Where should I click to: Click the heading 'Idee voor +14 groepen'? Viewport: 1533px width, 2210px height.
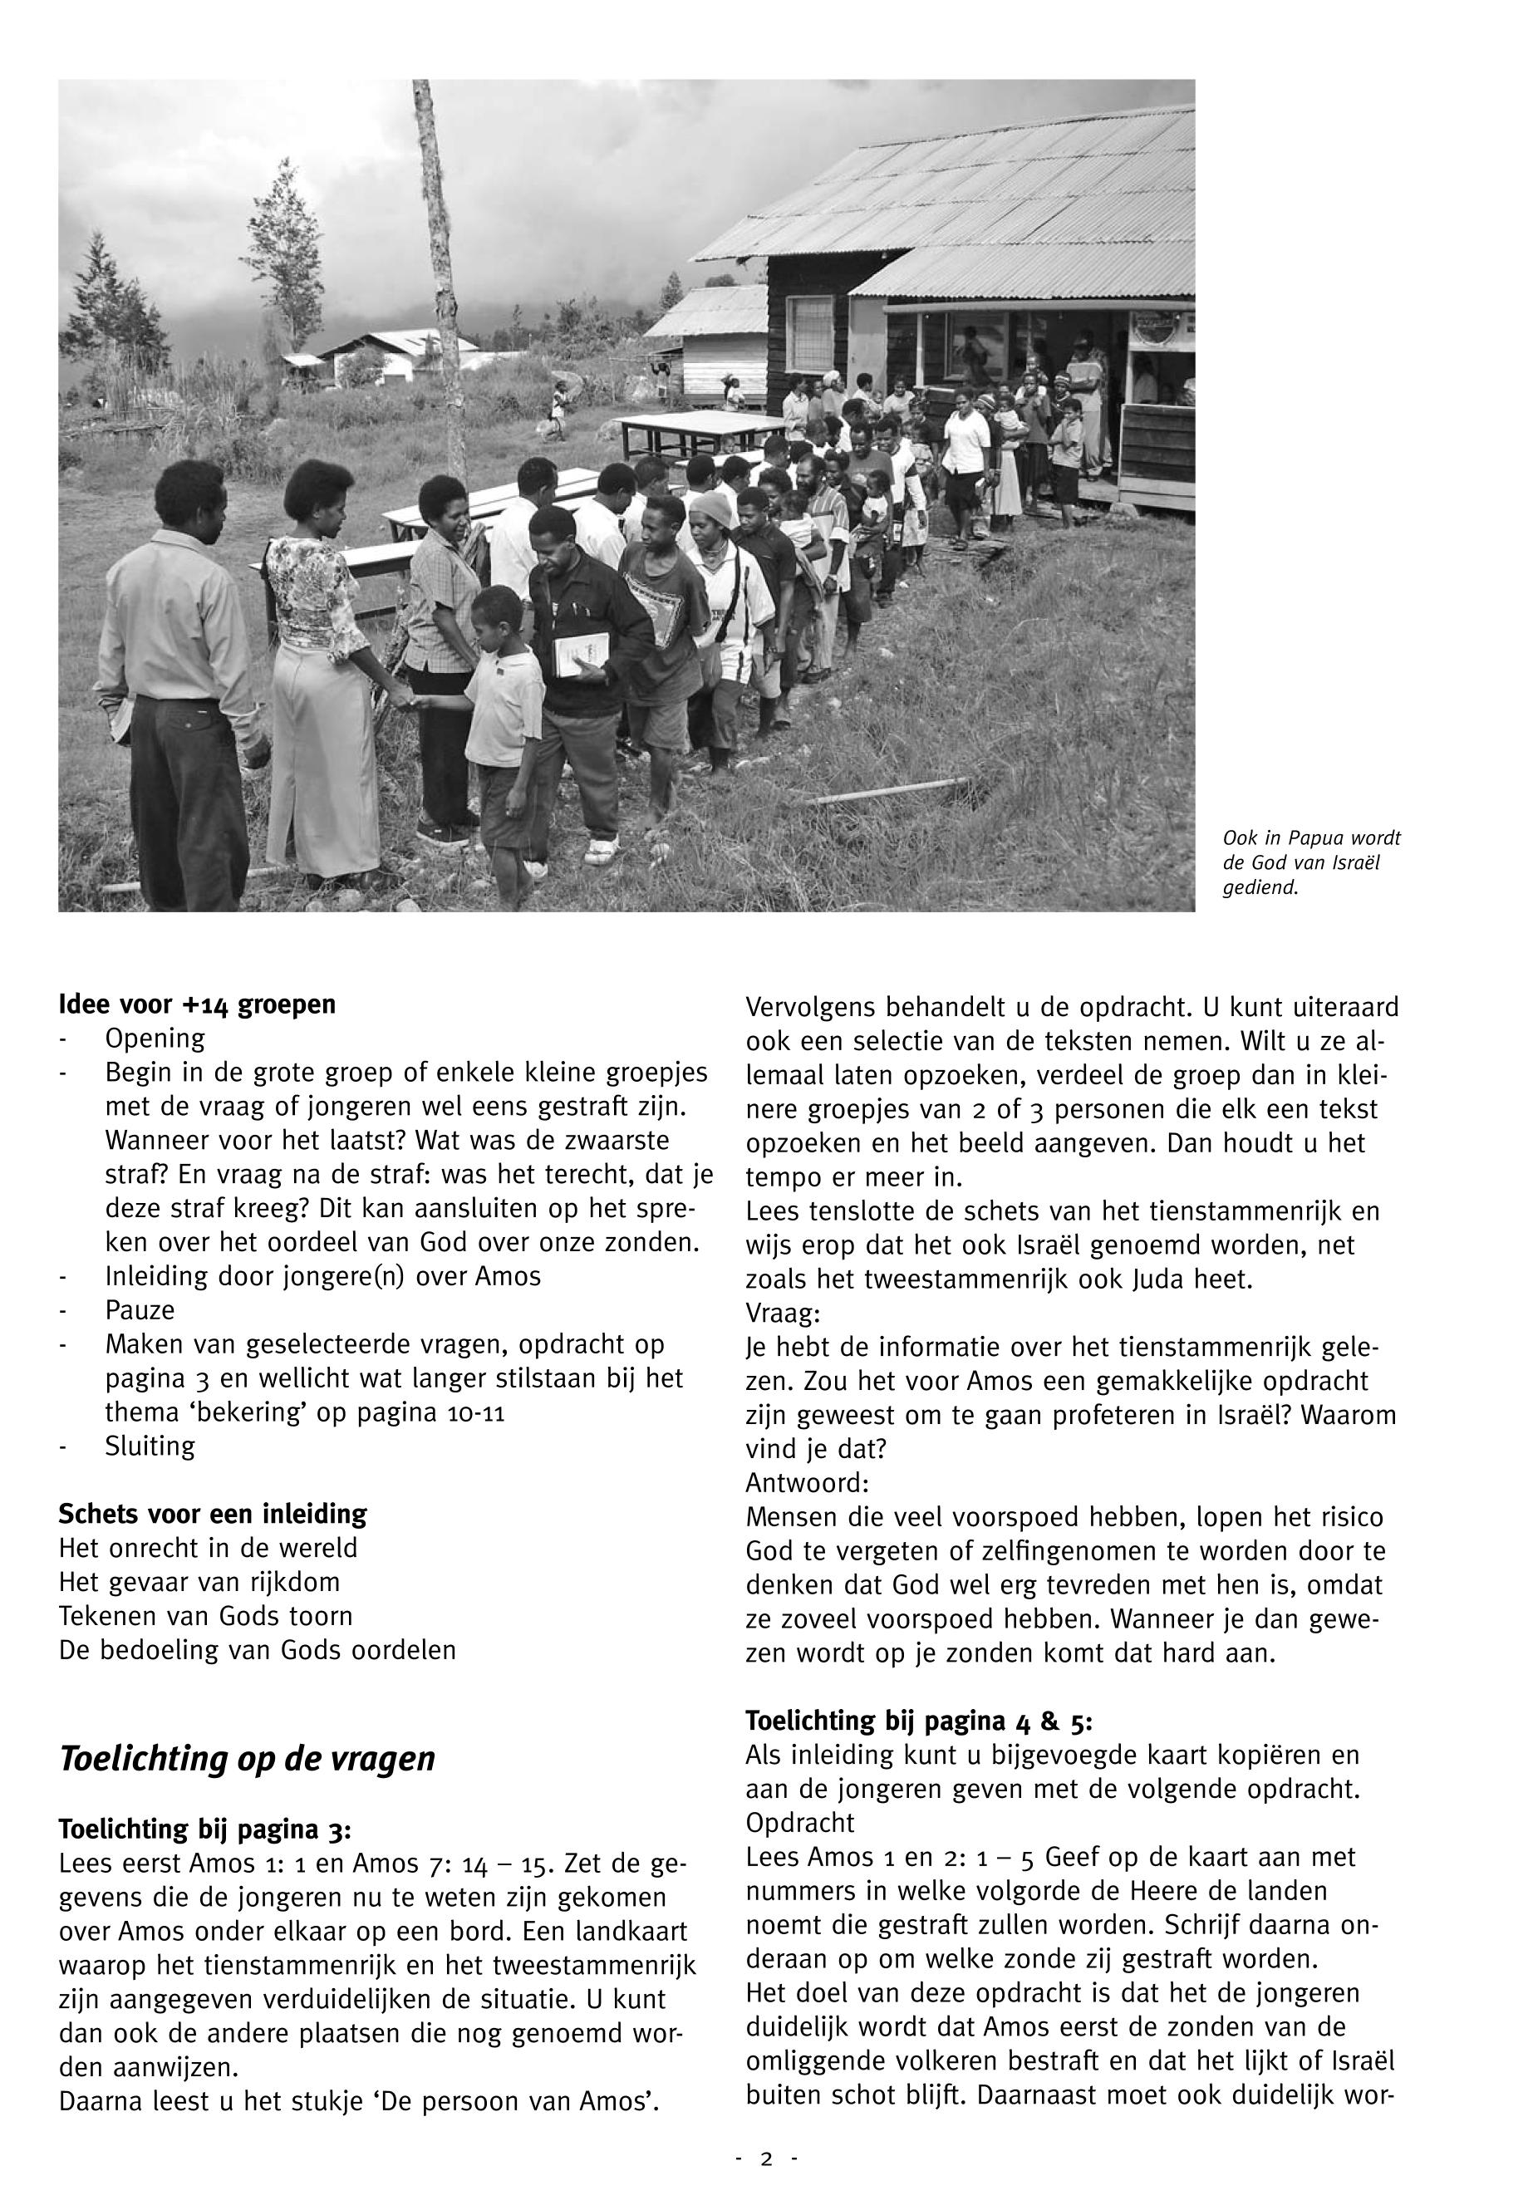tap(197, 1004)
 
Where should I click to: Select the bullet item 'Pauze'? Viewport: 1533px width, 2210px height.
tap(140, 1311)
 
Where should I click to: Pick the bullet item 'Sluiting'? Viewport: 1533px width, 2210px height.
tap(150, 1446)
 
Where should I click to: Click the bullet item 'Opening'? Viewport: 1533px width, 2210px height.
tap(155, 1039)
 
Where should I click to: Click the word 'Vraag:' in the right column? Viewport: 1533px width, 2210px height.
tap(783, 1313)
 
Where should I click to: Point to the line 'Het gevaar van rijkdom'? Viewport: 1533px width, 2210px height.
tap(199, 1582)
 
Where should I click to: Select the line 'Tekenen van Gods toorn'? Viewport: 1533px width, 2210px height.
tap(205, 1617)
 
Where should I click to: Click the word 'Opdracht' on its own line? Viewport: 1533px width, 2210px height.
tap(800, 1822)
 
